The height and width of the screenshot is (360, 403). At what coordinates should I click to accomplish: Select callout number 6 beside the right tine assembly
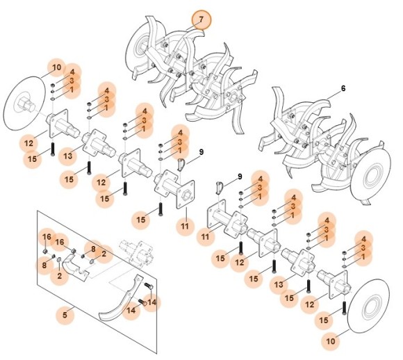(343, 89)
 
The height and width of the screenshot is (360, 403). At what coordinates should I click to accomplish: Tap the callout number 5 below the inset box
(65, 316)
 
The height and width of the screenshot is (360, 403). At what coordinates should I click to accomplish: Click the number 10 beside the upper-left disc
(56, 68)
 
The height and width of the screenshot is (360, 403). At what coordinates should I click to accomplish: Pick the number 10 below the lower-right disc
(330, 342)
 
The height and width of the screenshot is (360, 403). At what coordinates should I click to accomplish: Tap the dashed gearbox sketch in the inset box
(135, 249)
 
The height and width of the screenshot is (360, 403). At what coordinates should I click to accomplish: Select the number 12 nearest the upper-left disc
(28, 144)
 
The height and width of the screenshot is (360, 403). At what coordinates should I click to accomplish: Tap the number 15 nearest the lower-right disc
(323, 320)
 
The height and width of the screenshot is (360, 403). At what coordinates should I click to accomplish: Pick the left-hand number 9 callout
(201, 152)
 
